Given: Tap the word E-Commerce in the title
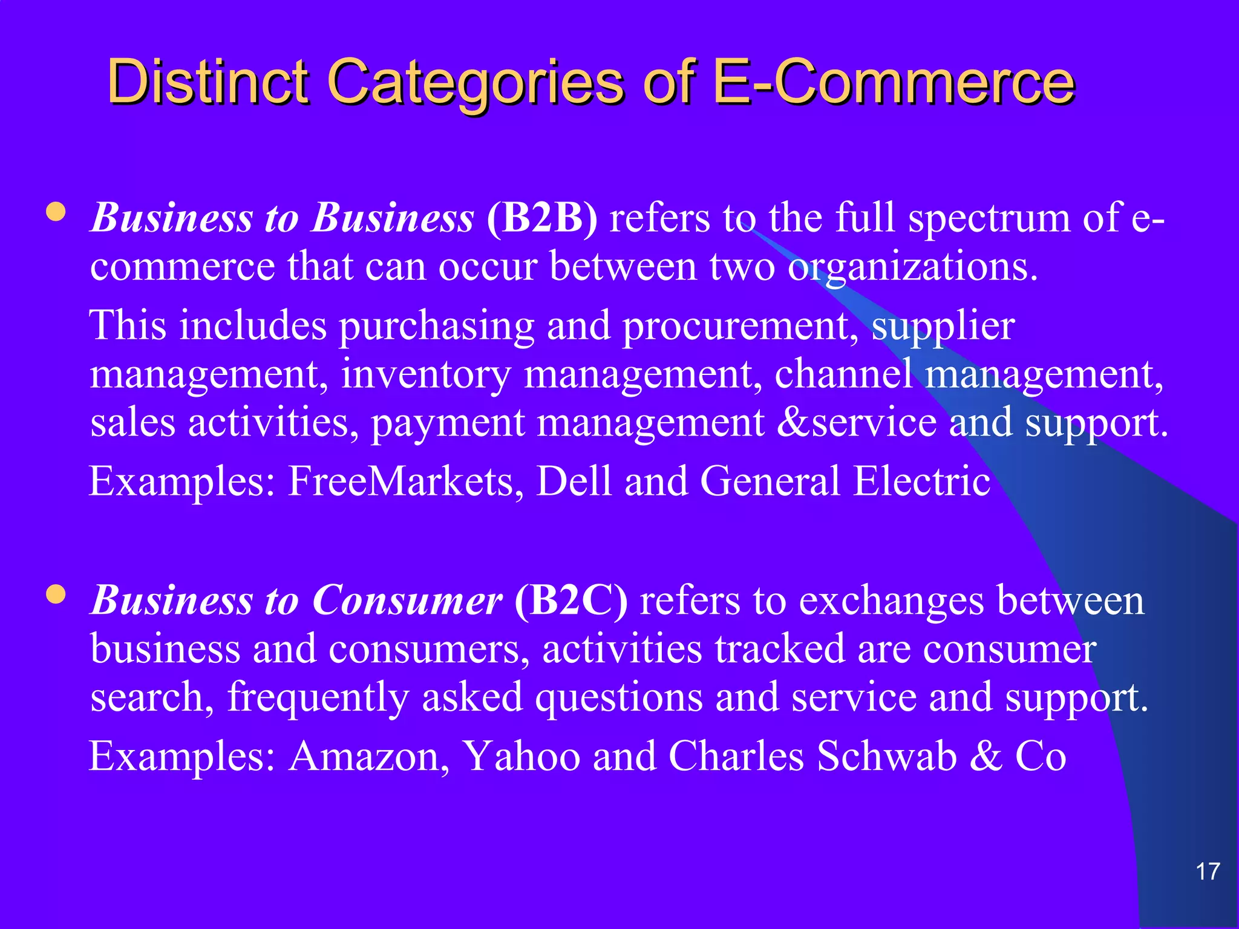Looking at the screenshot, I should coord(893,82).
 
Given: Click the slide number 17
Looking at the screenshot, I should coord(1208,872).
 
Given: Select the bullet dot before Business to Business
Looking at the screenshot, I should coord(56,212).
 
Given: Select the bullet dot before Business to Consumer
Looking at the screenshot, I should coord(56,595).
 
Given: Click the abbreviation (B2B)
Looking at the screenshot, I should coord(541,218).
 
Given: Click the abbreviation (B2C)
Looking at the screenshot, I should coord(570,601).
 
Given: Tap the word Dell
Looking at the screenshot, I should coord(574,481).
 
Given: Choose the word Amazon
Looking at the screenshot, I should coord(369,756).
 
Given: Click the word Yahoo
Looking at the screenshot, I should coord(521,756).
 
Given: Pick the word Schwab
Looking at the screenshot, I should coord(887,756).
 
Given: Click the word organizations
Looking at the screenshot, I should coord(912,267).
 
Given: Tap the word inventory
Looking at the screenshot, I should coord(426,374).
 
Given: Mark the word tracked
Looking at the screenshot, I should coord(779,649).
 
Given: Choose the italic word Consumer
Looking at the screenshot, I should coord(407,601).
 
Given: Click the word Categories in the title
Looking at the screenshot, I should coord(476,82).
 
